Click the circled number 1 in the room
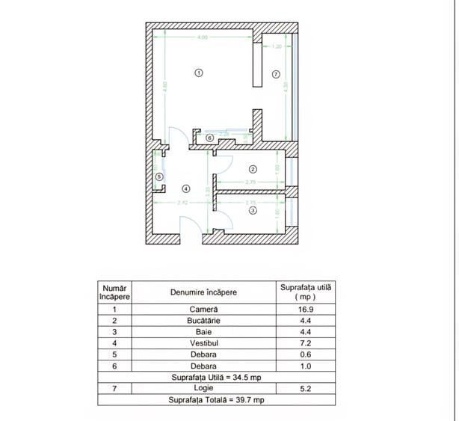coord(198,73)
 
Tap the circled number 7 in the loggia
coord(276,74)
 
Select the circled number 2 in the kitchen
coord(253,169)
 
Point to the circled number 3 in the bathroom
coord(253,211)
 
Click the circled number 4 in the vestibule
coord(186,188)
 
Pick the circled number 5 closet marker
coord(159,176)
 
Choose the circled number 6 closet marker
coord(210,138)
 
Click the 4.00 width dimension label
coord(203,38)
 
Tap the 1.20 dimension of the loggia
coord(277,46)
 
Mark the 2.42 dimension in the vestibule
coord(182,203)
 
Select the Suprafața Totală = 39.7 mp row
coord(217,400)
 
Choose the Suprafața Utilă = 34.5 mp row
coord(217,378)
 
